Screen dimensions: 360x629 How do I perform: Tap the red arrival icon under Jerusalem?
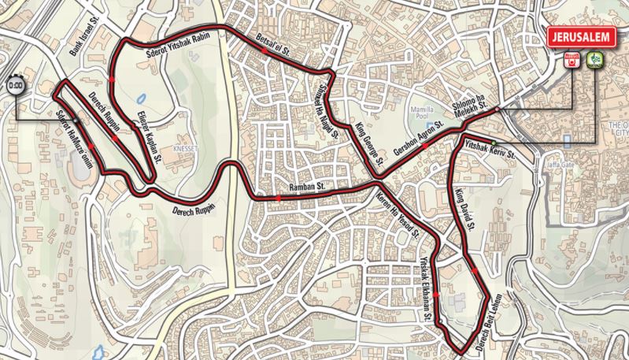pos(572,58)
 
